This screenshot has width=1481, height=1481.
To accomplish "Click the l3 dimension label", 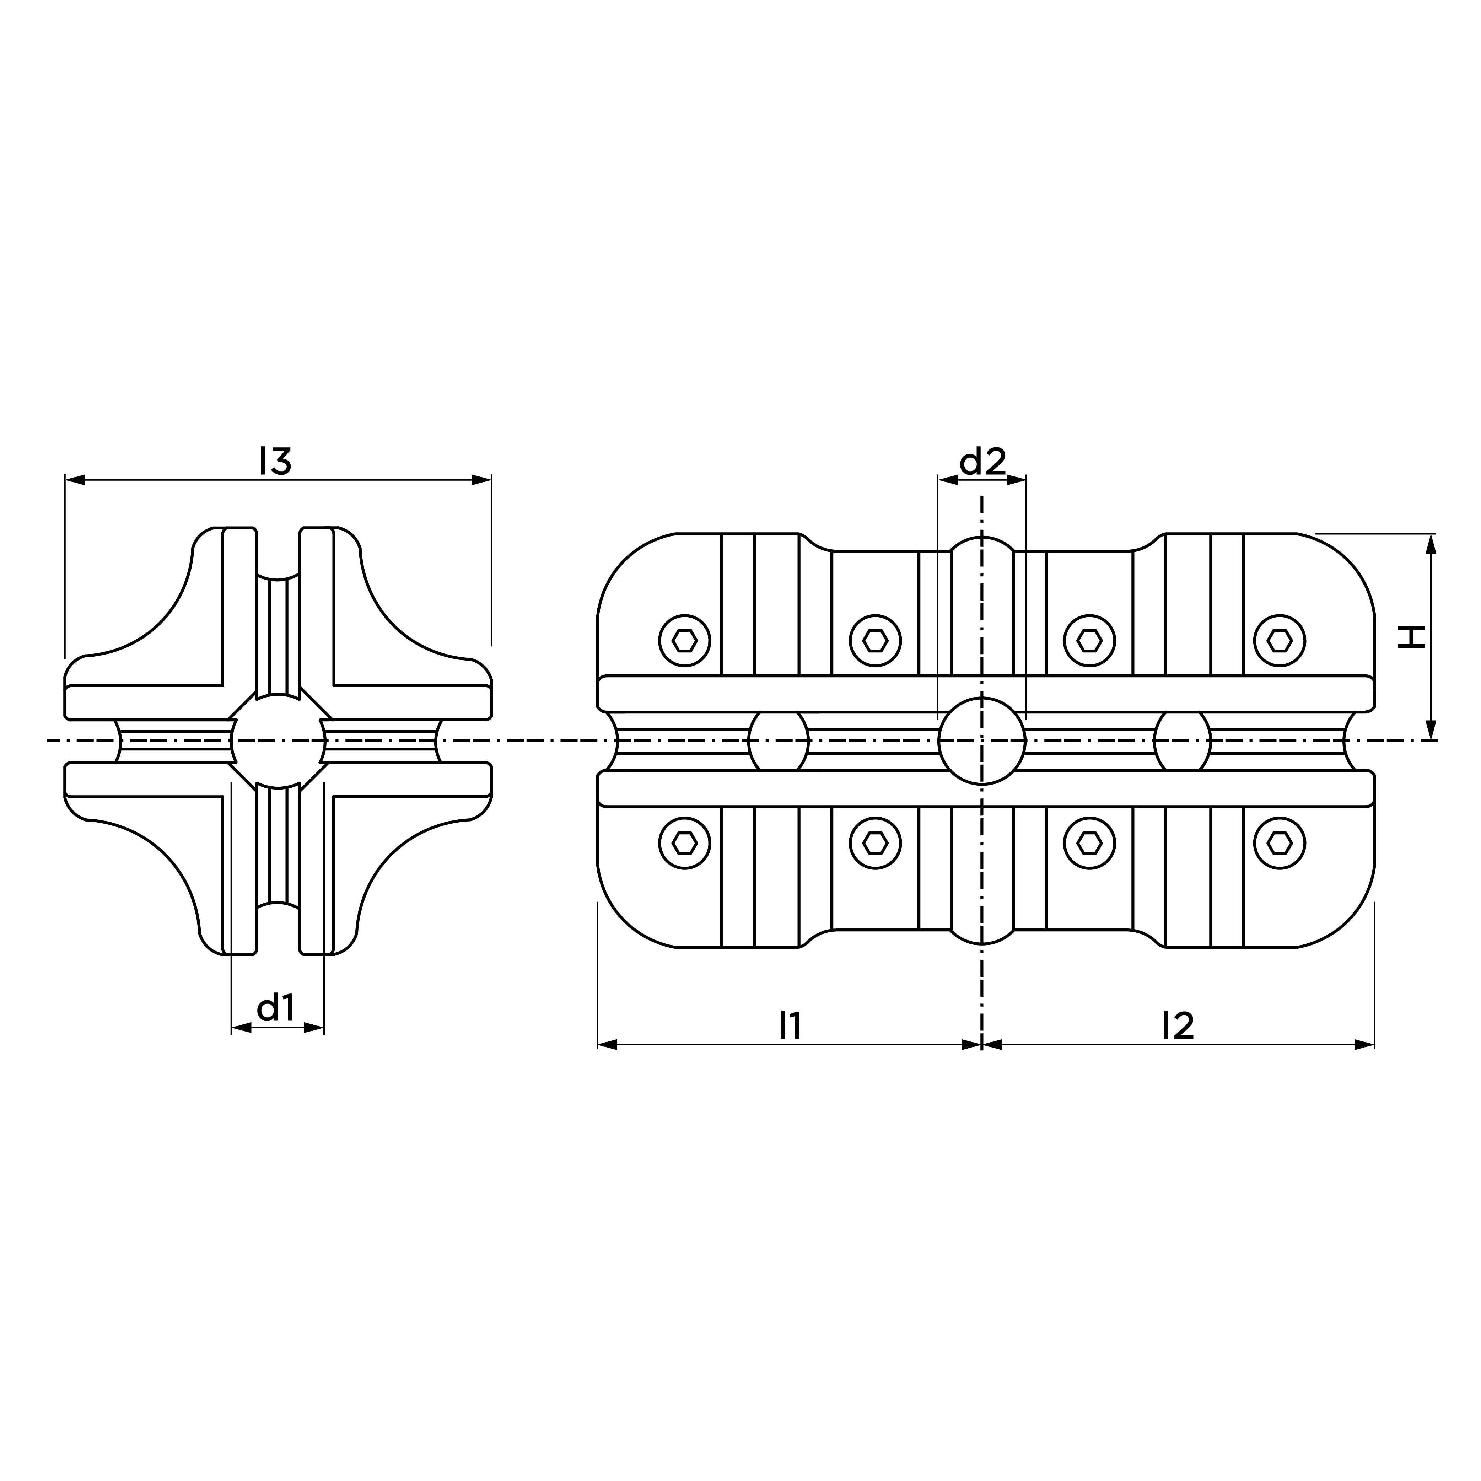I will pos(276,461).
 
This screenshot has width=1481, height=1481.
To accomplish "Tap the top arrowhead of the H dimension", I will pos(1431,544).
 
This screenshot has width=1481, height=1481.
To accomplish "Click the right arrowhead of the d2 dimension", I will pos(1017,480).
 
